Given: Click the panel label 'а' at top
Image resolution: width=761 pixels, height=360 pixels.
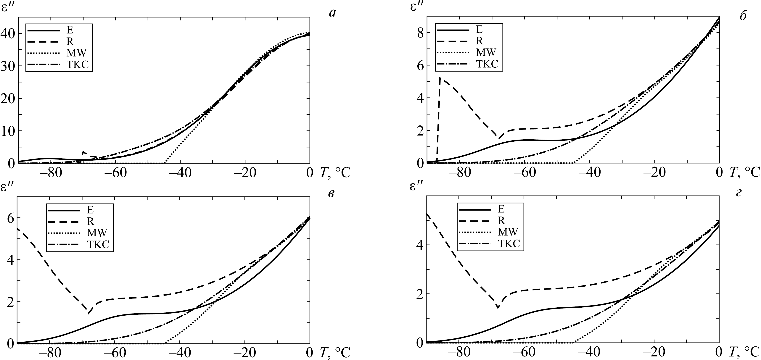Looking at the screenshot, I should tap(332, 14).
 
